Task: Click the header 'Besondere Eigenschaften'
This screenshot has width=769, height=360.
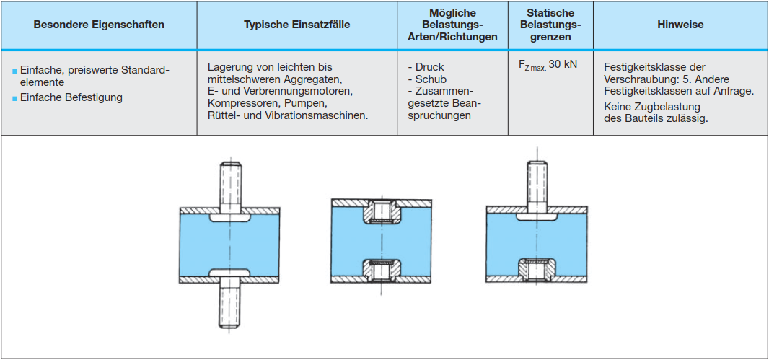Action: (99, 25)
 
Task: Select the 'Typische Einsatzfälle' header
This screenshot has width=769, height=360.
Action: (296, 25)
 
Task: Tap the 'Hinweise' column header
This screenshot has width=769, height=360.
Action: (680, 25)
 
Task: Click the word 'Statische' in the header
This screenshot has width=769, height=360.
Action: (550, 13)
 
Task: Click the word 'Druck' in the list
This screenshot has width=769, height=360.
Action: (429, 67)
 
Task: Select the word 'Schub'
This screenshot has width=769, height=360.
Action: (430, 79)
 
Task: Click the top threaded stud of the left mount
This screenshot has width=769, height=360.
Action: (231, 185)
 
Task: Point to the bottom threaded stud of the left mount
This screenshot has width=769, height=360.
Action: (231, 304)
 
